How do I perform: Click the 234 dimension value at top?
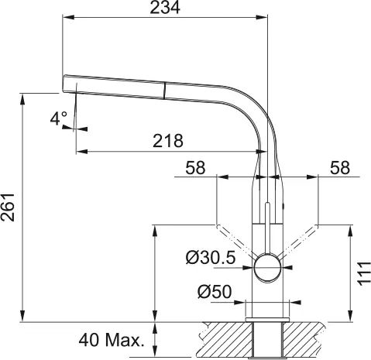pyautogui.click(x=165, y=8)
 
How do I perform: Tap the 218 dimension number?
pyautogui.click(x=168, y=141)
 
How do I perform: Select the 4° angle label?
pyautogui.click(x=59, y=118)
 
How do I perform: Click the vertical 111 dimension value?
pyautogui.click(x=364, y=273)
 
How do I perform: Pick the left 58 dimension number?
pyautogui.click(x=195, y=168)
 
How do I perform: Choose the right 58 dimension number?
pyautogui.click(x=340, y=168)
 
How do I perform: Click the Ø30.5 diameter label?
pyautogui.click(x=211, y=258)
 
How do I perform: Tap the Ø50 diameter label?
pyautogui.click(x=215, y=292)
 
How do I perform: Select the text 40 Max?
pyautogui.click(x=111, y=340)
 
